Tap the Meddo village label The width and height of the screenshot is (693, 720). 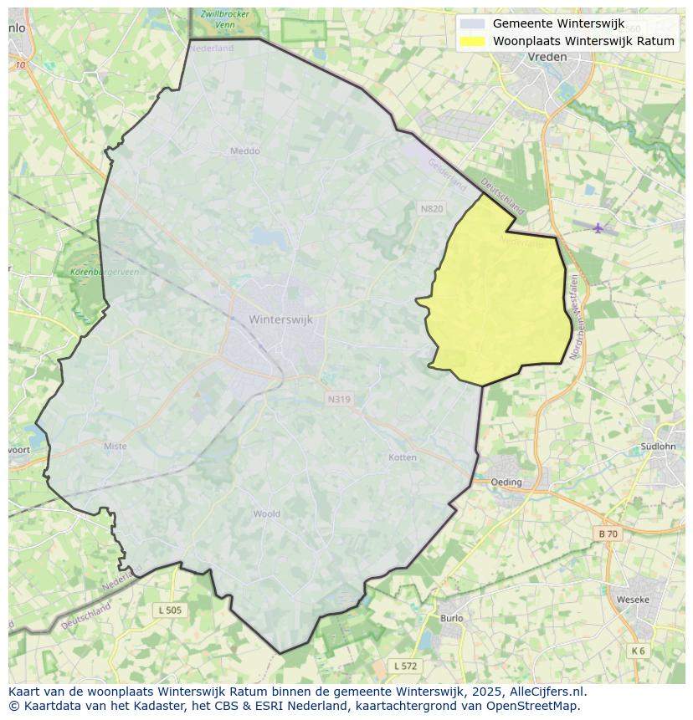pos(244,151)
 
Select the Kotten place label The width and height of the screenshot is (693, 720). pos(403,457)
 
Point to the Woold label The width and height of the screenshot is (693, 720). pos(266,514)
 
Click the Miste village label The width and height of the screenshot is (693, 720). pos(116,446)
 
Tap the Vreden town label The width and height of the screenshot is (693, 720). pos(547,57)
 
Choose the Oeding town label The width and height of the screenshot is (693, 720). pos(506,482)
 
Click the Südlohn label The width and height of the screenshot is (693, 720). pos(657,447)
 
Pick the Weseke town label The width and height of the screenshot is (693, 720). pos(633,600)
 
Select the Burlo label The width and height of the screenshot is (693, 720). pos(451,619)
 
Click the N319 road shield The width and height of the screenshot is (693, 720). pos(339,399)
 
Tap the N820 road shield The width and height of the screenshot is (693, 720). pos(432,208)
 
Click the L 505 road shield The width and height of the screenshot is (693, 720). pos(169,610)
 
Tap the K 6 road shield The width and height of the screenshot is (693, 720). pos(639,651)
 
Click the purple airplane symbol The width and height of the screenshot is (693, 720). pos(598,227)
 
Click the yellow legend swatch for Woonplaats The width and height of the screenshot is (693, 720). pos(473,41)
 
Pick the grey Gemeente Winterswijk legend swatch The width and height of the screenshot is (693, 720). pos(473,23)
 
